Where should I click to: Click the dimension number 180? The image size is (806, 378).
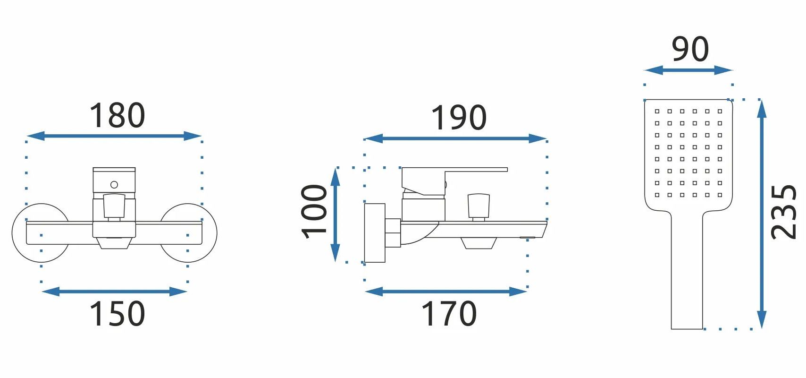click(118, 115)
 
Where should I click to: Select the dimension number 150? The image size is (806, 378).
click(118, 313)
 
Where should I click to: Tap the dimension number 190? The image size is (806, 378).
click(459, 118)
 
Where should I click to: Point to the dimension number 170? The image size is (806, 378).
click(449, 313)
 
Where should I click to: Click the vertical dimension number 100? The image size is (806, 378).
click(314, 212)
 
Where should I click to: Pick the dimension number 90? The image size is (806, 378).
click(690, 49)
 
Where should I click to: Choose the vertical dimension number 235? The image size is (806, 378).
click(784, 212)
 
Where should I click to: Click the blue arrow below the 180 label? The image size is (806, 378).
click(114, 136)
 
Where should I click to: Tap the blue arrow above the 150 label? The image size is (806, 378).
click(114, 292)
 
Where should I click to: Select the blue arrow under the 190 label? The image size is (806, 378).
click(455, 138)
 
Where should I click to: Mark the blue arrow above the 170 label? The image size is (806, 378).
click(446, 292)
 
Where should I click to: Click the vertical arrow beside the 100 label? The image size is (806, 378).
click(336, 215)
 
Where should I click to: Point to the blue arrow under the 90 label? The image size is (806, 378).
click(688, 70)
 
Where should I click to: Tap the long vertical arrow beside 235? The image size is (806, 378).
click(761, 214)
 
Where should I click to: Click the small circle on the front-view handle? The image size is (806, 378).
click(114, 185)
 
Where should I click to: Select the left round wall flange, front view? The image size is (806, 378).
click(40, 233)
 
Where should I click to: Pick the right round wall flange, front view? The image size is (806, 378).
click(189, 233)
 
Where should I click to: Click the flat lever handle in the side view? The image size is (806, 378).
click(455, 170)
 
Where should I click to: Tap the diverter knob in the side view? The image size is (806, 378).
click(479, 207)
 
